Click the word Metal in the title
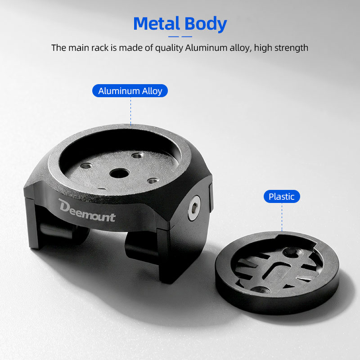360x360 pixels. [x=156, y=23]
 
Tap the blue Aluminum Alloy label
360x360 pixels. [x=130, y=91]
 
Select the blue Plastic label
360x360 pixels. [x=282, y=197]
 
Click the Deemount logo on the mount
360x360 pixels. [x=87, y=211]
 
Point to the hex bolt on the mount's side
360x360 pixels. [x=194, y=208]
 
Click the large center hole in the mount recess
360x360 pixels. [x=119, y=173]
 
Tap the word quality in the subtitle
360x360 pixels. [x=169, y=48]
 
